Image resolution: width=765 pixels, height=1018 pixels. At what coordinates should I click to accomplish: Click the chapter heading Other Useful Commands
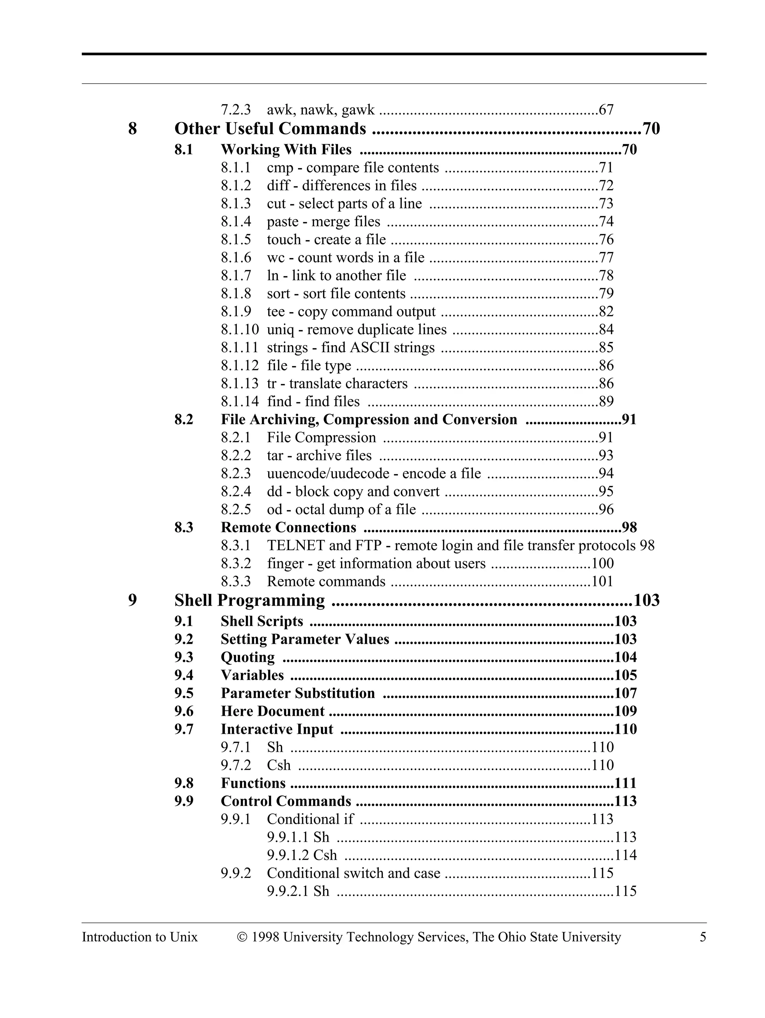pyautogui.click(x=270, y=128)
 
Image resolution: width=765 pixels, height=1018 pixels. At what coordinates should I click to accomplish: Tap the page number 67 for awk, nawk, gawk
pyautogui.click(x=606, y=110)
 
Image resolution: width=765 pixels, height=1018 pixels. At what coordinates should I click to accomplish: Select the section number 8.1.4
pyautogui.click(x=236, y=222)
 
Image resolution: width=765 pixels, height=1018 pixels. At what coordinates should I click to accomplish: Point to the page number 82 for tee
pyautogui.click(x=606, y=311)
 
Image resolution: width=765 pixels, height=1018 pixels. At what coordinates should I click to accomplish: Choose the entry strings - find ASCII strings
pyautogui.click(x=351, y=347)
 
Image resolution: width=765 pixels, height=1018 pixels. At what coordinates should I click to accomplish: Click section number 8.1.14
pyautogui.click(x=239, y=402)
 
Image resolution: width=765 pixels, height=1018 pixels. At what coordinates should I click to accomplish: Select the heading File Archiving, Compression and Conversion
pyautogui.click(x=369, y=420)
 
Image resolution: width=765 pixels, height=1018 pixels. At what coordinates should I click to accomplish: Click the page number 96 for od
pyautogui.click(x=606, y=509)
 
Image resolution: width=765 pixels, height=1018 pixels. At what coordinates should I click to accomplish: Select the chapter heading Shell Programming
pyautogui.click(x=250, y=600)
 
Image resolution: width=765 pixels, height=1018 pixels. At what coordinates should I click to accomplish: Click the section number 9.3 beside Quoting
pyautogui.click(x=184, y=658)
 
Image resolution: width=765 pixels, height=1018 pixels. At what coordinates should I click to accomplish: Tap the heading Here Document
pyautogui.click(x=272, y=711)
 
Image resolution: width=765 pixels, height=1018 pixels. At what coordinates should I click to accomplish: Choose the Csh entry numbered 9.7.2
pyautogui.click(x=279, y=765)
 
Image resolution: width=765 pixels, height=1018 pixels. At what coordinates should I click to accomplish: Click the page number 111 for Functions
pyautogui.click(x=626, y=783)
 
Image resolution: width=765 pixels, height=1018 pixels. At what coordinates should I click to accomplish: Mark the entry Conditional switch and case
pyautogui.click(x=353, y=873)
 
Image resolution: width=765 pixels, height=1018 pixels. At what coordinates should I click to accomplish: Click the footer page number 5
pyautogui.click(x=702, y=937)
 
